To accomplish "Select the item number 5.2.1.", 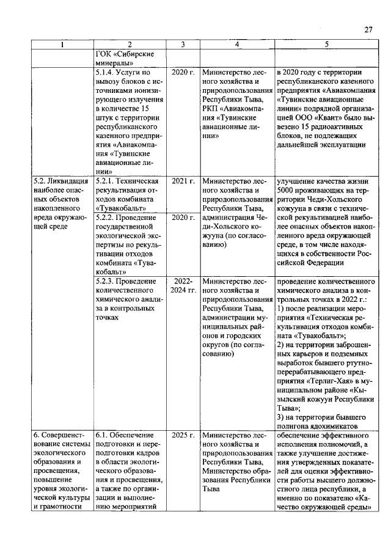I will (108, 181).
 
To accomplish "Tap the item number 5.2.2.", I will (108, 217).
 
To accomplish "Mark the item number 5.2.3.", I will (108, 282).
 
